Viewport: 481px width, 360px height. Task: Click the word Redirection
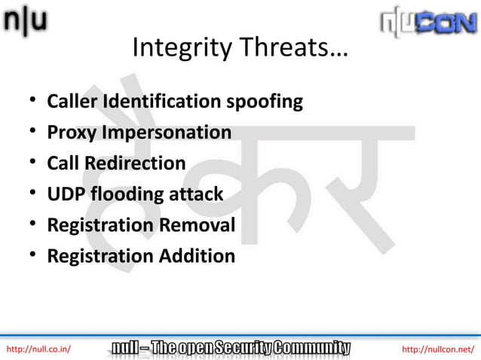pos(135,163)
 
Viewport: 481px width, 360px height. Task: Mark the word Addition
pos(197,256)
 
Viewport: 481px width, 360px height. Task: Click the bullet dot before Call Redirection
pos(34,163)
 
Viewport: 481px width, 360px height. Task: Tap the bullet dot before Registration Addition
pos(34,256)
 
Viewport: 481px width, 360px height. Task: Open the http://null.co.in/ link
pos(38,349)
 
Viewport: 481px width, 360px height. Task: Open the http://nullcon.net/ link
pos(438,349)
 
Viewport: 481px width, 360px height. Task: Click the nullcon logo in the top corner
pos(428,24)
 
